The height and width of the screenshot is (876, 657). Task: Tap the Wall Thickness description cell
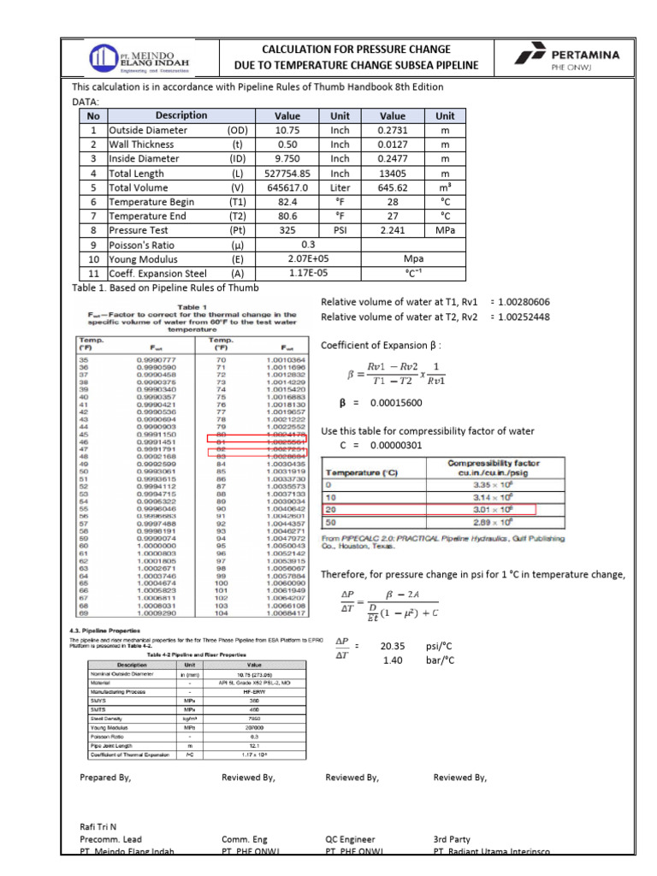coord(146,145)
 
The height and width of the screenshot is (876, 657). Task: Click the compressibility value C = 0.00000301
coord(396,446)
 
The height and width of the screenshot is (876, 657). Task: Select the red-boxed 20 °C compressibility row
coord(429,509)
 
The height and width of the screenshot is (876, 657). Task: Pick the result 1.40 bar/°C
coord(394,660)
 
